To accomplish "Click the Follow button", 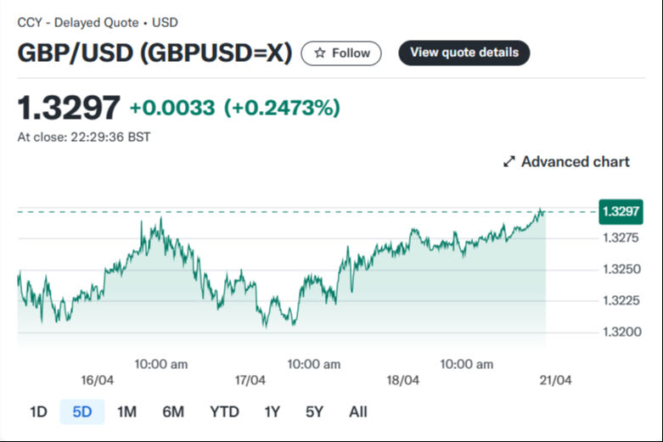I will pyautogui.click(x=341, y=53).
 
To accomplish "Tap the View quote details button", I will pyautogui.click(x=464, y=53).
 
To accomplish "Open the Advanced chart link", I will pyautogui.click(x=566, y=161).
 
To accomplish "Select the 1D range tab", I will pyautogui.click(x=38, y=412).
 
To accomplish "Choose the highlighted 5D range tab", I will pyautogui.click(x=82, y=412).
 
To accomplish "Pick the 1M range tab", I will pyautogui.click(x=126, y=412).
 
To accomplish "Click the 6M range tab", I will pyautogui.click(x=173, y=412).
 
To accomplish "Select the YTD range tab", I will pyautogui.click(x=224, y=412).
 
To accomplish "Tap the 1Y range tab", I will pyautogui.click(x=272, y=412).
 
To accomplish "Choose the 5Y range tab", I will pyautogui.click(x=314, y=412).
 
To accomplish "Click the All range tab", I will pyautogui.click(x=358, y=412).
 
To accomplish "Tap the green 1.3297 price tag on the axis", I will pyautogui.click(x=621, y=210).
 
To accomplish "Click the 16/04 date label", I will pyautogui.click(x=98, y=380).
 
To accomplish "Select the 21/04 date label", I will pyautogui.click(x=556, y=380).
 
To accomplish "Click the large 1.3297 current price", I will pyautogui.click(x=69, y=108).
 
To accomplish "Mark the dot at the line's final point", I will pyautogui.click(x=542, y=210).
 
